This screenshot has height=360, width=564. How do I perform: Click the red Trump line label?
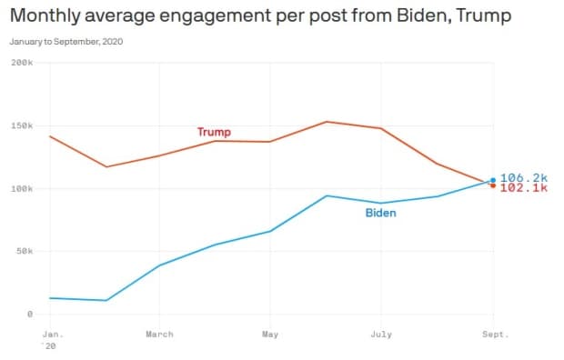click(214, 132)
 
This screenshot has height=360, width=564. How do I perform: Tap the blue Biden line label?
click(380, 213)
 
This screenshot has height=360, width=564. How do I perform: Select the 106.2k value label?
click(524, 177)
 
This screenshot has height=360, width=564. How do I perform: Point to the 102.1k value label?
click(524, 188)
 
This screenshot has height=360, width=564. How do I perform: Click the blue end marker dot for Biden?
click(493, 180)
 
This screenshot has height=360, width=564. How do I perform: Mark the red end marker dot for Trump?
click(493, 185)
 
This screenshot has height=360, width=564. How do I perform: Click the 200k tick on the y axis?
click(22, 63)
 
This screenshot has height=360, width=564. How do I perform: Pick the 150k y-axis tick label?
click(22, 125)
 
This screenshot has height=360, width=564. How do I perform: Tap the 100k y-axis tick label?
click(22, 188)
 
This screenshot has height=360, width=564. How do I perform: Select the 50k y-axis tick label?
click(25, 251)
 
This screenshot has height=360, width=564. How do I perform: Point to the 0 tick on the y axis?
click(30, 314)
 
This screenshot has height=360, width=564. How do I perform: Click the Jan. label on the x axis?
click(53, 335)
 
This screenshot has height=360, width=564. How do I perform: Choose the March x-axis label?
click(160, 335)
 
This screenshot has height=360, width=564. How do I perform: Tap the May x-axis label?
click(270, 335)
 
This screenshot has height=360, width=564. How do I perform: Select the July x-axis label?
click(381, 335)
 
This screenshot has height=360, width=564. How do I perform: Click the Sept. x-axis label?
click(496, 335)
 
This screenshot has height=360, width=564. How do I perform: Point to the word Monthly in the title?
click(45, 15)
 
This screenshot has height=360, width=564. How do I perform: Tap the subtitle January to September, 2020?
click(66, 41)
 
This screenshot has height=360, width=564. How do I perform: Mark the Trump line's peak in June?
click(327, 122)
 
